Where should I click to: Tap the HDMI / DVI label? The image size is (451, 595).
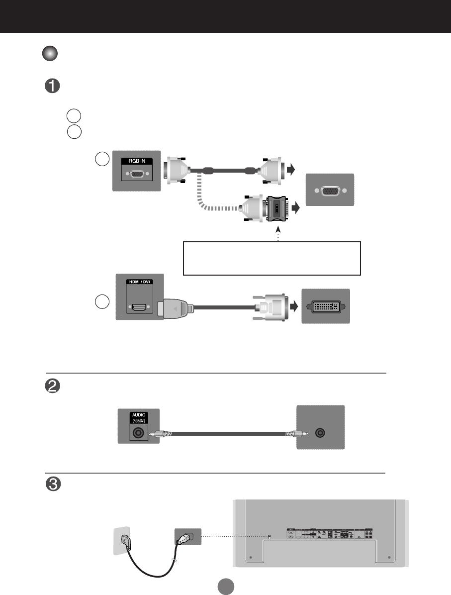point(140,281)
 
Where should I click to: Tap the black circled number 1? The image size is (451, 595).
point(53,86)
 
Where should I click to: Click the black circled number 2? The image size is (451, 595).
point(53,388)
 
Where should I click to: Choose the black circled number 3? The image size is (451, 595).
point(53,485)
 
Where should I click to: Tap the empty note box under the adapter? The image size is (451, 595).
point(271,258)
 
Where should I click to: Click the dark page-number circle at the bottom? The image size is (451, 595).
point(225,586)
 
